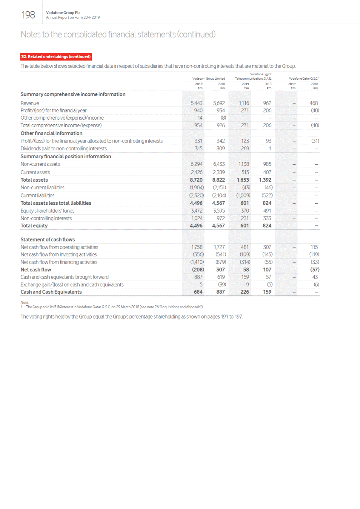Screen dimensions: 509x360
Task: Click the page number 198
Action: pyautogui.click(x=28, y=15)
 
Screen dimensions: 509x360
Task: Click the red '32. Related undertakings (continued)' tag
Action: pyautogui.click(x=56, y=56)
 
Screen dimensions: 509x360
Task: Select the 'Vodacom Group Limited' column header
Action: pyautogui.click(x=209, y=79)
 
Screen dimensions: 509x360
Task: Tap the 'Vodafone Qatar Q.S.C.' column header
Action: pyautogui.click(x=304, y=79)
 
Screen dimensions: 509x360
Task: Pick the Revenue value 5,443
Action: pyautogui.click(x=196, y=103)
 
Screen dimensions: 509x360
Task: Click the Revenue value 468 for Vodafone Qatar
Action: pyautogui.click(x=314, y=103)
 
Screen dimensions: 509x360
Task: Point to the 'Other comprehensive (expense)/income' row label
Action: pyautogui.click(x=62, y=118)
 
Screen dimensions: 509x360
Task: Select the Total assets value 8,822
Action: pyautogui.click(x=219, y=180)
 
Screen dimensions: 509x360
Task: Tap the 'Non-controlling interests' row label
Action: pyautogui.click(x=46, y=218)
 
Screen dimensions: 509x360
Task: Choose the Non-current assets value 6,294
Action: pyautogui.click(x=196, y=164)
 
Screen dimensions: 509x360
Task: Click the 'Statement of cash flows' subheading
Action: pyautogui.click(x=47, y=240)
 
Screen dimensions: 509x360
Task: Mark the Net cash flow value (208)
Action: pyautogui.click(x=198, y=270)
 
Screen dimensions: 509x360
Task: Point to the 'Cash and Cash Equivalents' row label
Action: pyautogui.click(x=51, y=292)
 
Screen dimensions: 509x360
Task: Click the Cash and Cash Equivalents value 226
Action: pyautogui.click(x=245, y=292)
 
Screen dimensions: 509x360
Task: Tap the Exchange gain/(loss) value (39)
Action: pyautogui.click(x=222, y=285)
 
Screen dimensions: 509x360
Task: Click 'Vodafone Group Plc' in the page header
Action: pyautogui.click(x=63, y=13)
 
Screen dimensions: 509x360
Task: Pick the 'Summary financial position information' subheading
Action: pyautogui.click(x=66, y=156)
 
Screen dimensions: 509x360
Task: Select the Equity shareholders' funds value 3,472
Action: pyautogui.click(x=196, y=211)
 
